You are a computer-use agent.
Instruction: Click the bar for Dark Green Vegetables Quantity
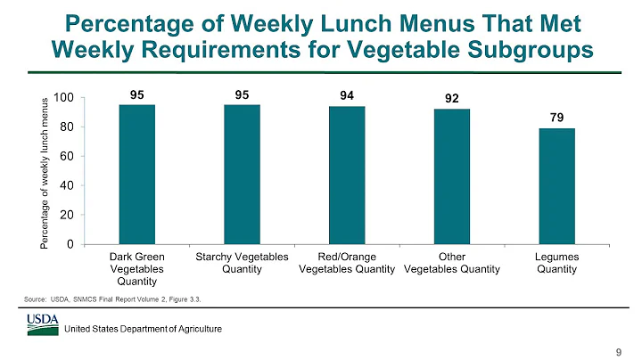[x=137, y=175]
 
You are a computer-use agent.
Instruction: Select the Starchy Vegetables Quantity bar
[x=242, y=175]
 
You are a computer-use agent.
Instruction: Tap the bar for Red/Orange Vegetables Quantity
[x=347, y=176]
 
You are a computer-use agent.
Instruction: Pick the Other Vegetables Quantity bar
[x=452, y=176]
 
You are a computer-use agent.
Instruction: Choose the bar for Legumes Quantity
[x=556, y=186]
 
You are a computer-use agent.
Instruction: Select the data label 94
[x=347, y=93]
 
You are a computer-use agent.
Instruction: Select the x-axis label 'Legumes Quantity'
[x=556, y=264]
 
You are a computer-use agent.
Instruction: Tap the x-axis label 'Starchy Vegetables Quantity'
[x=242, y=264]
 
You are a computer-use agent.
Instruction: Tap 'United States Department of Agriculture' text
[x=148, y=330]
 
